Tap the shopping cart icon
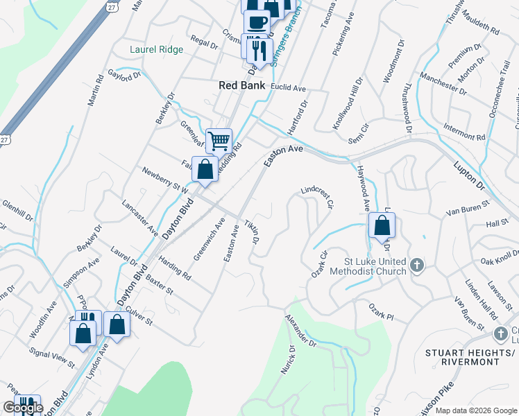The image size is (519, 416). tap(219, 140)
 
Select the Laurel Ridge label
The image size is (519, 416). tap(157, 49)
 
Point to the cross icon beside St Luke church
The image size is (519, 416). tap(416, 265)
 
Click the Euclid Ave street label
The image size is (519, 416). tap(290, 89)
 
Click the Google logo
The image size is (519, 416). tap(23, 408)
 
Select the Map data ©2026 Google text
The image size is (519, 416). tap(476, 410)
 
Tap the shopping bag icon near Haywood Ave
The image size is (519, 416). tap(382, 225)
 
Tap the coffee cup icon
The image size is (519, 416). tap(256, 21)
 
